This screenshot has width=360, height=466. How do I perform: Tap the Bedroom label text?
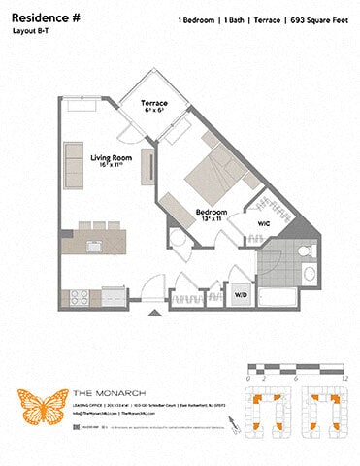pos(212,214)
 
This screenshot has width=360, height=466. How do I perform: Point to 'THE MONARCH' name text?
pos(99,392)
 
